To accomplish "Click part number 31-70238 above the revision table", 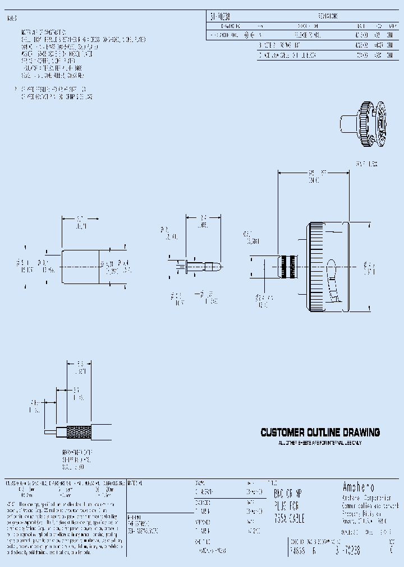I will [x=221, y=17].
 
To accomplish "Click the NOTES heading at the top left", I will [x=12, y=18].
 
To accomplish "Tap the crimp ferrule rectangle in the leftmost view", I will [x=80, y=265].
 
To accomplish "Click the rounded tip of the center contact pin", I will [x=217, y=264].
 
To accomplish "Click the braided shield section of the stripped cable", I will [x=79, y=433].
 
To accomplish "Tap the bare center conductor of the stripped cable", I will [x=50, y=432].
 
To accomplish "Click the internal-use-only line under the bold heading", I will [x=320, y=443].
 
